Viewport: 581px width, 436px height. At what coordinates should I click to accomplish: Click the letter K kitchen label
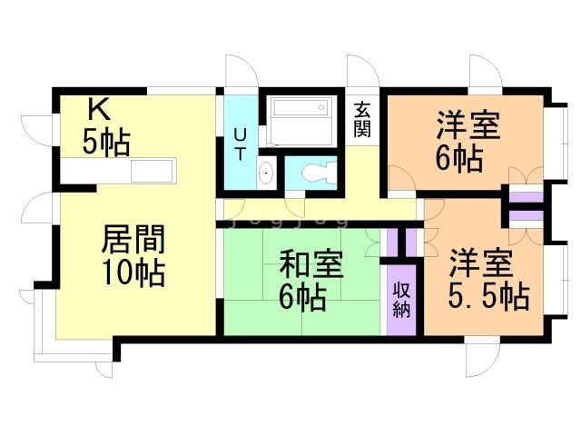[98, 110]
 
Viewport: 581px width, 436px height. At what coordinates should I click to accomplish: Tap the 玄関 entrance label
[362, 118]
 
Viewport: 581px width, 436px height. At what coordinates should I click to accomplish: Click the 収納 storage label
[401, 300]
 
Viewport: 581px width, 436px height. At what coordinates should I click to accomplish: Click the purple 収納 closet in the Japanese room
[401, 300]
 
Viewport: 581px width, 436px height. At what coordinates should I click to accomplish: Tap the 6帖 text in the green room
[303, 297]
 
